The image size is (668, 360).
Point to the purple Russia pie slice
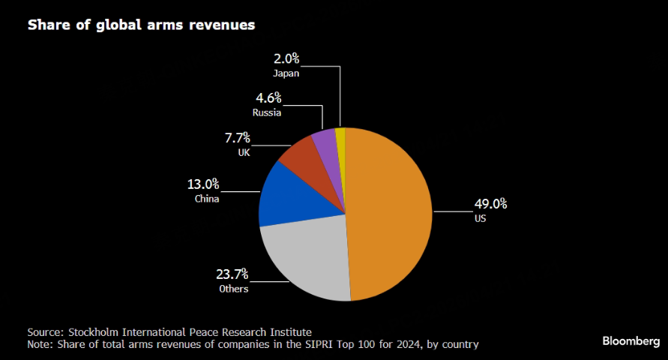pyautogui.click(x=323, y=139)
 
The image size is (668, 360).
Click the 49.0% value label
pyautogui.click(x=490, y=203)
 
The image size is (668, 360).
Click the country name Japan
pyautogui.click(x=286, y=73)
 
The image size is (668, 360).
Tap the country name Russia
pyautogui.click(x=267, y=112)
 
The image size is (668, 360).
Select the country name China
pyautogui.click(x=206, y=199)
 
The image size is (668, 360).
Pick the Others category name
pyautogui.click(x=233, y=289)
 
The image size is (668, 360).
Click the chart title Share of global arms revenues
pyautogui.click(x=142, y=25)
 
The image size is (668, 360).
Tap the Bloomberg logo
pyautogui.click(x=631, y=341)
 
